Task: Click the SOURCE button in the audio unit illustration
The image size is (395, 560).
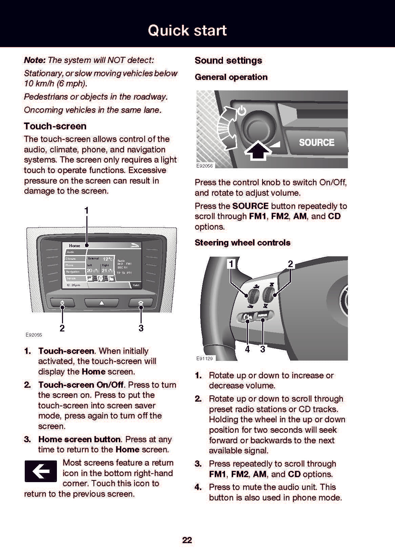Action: pos(316,142)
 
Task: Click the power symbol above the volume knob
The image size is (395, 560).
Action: pos(241,111)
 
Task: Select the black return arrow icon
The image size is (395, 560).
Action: pos(41,471)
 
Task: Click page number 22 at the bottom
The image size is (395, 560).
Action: pos(187,540)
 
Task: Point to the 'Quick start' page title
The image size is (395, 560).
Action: pos(187,30)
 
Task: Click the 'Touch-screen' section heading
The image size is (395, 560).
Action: pos(55,126)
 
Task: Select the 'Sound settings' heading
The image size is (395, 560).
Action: pos(228,61)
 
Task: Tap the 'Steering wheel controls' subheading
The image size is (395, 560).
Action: pos(243,243)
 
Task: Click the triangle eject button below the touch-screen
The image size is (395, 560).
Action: pos(101,303)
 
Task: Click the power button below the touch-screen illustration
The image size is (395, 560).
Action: pos(62,303)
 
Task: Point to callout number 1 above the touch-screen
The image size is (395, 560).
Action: pos(87,211)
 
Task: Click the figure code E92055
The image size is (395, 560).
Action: pos(34,335)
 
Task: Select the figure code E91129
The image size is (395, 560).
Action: pos(205,358)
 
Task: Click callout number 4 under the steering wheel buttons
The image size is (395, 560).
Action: pos(248,349)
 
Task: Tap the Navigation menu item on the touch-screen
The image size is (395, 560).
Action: pos(73,272)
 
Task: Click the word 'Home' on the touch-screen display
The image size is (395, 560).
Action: pos(75,245)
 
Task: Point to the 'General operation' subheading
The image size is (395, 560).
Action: pos(231,77)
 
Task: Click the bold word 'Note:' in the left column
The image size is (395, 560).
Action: pos(35,60)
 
